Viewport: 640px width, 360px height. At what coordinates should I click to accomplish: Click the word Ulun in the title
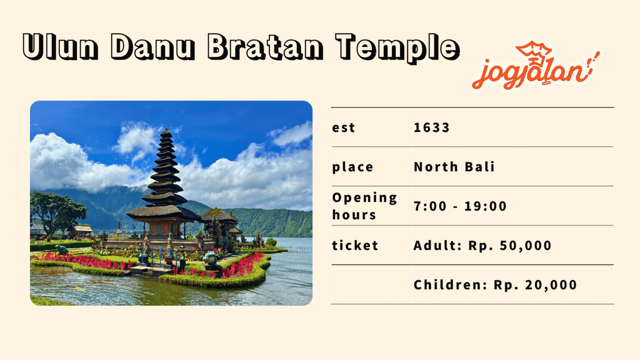[x=60, y=46]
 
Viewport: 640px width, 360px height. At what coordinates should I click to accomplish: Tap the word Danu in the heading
[x=153, y=46]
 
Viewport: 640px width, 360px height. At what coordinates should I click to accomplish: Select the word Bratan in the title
[x=265, y=46]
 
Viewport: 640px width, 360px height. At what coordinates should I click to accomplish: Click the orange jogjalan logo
[x=535, y=66]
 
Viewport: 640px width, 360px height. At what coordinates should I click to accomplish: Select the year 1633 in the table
[x=432, y=127]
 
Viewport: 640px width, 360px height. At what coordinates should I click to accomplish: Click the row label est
[x=344, y=127]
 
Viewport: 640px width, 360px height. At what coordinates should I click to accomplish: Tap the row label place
[x=352, y=167]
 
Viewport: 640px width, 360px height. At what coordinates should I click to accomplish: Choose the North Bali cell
[x=454, y=167]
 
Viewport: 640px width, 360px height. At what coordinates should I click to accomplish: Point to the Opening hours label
[x=364, y=206]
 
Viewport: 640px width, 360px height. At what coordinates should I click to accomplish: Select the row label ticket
[x=355, y=245]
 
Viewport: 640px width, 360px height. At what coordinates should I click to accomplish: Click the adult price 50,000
[x=525, y=245]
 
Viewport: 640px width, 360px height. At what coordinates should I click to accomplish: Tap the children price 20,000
[x=551, y=285]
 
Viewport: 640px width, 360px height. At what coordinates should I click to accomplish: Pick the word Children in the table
[x=450, y=285]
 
